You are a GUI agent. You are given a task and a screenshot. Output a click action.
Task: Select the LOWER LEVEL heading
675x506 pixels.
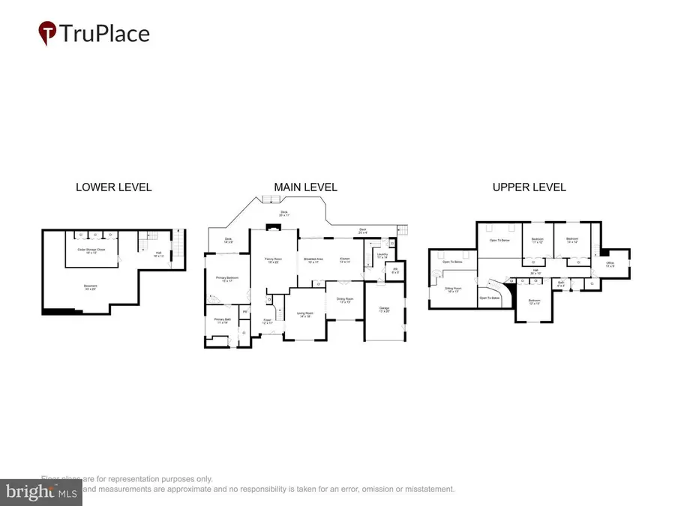point(113,187)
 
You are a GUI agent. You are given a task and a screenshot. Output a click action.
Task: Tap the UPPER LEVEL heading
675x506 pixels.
point(529,187)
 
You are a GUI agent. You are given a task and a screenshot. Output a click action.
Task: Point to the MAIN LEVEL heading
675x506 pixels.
point(306,187)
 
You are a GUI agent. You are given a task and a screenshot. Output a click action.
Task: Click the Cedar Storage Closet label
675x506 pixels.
point(92,252)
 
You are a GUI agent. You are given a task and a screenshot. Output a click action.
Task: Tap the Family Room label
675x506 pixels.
point(272,260)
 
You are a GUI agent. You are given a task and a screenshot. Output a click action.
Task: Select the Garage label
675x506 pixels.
point(383,310)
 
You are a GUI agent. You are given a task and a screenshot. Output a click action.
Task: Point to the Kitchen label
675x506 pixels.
point(345,260)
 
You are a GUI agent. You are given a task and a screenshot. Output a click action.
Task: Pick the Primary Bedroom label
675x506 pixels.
point(226,280)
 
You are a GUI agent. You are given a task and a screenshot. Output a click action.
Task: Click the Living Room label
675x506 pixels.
point(304,315)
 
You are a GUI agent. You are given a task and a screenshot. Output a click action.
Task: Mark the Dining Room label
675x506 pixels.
point(345,301)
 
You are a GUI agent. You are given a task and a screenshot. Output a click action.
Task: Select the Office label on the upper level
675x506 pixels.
point(611,264)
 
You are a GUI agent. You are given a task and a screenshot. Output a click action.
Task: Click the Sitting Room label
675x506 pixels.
point(452,289)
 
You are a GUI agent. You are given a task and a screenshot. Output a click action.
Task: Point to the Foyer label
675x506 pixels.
point(267,322)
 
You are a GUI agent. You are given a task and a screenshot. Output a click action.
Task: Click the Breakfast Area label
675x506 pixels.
point(313,260)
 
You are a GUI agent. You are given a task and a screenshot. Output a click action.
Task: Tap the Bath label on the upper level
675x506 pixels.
point(561,283)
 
